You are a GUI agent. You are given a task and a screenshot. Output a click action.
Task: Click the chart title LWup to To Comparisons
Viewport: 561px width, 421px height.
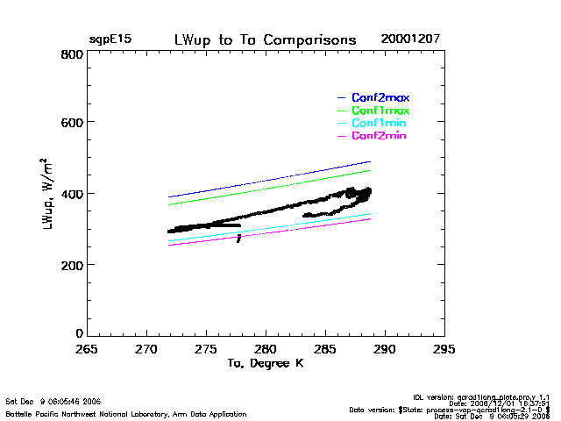[265, 40]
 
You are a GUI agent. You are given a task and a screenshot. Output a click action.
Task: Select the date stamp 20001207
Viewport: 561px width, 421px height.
[410, 40]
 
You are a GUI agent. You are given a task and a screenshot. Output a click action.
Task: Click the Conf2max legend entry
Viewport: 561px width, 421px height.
[380, 97]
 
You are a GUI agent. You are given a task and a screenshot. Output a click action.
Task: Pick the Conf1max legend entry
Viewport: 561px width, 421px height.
[380, 111]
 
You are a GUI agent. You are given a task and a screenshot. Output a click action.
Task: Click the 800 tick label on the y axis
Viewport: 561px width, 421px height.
[72, 54]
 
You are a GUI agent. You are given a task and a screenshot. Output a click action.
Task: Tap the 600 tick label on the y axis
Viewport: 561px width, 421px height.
[72, 124]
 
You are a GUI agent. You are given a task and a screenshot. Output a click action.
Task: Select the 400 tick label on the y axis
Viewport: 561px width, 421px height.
[72, 194]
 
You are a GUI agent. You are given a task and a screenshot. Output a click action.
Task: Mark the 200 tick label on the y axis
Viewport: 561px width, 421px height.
[72, 264]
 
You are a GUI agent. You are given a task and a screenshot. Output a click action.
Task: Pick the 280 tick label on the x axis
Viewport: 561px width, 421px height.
[266, 349]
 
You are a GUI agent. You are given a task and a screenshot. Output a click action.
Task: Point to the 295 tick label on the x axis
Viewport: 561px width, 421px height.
[444, 349]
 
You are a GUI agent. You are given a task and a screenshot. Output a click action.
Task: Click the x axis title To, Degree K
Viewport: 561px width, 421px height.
[265, 363]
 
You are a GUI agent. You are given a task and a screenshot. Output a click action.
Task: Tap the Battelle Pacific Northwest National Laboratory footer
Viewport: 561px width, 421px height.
[126, 413]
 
